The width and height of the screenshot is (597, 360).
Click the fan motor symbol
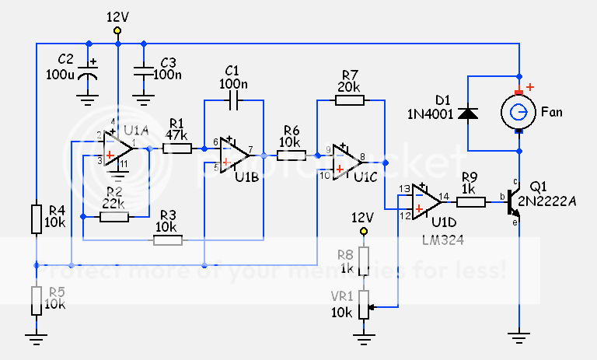518,114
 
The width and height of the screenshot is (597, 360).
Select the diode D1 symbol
467,114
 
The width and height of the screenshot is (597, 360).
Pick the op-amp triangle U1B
234,155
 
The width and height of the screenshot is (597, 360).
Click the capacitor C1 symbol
233,100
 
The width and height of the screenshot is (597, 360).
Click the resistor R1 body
177,148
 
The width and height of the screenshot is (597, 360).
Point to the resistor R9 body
471,202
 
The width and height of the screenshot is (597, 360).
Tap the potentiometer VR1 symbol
362,306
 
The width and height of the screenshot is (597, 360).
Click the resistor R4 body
36,219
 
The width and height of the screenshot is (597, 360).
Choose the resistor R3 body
169,240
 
